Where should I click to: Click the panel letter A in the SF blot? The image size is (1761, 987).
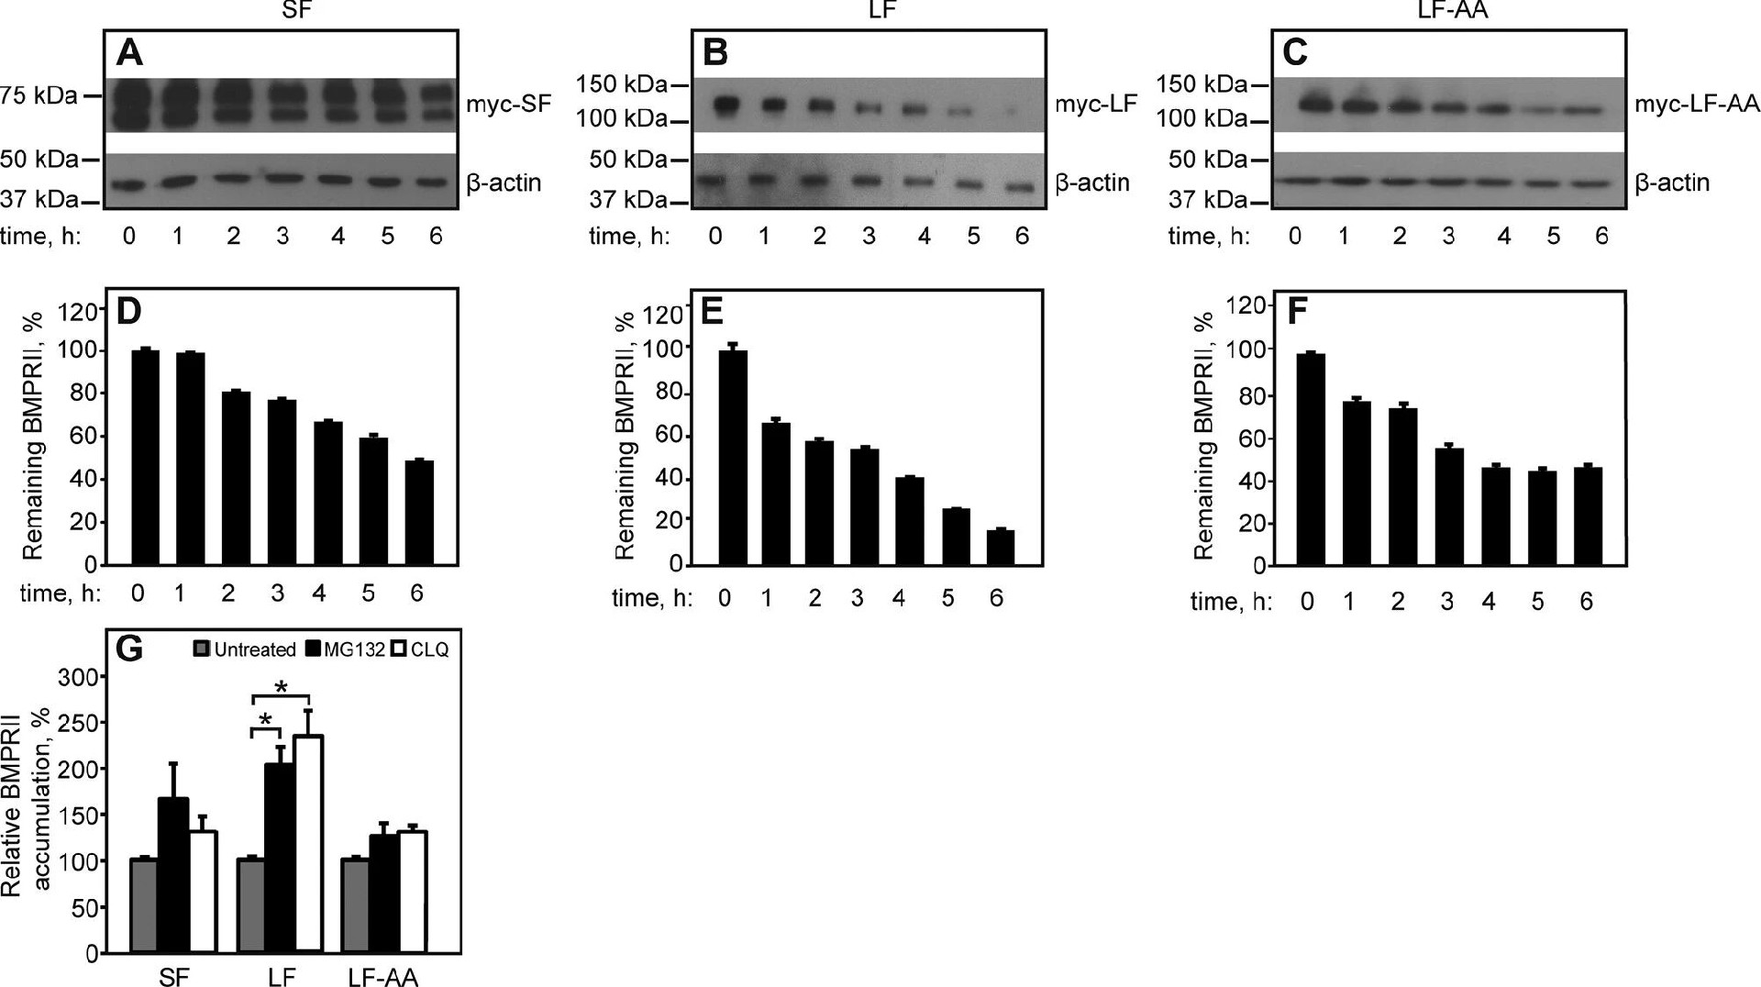[x=130, y=53]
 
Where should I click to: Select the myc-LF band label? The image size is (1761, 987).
[x=1096, y=104]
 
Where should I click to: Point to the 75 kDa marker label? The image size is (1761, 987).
[x=39, y=95]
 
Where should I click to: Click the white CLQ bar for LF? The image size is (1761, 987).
[x=308, y=843]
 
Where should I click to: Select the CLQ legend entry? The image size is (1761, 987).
[x=429, y=649]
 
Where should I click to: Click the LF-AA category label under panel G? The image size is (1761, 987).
[x=382, y=978]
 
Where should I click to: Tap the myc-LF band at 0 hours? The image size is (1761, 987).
[x=725, y=105]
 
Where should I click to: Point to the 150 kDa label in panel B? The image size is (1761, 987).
[x=621, y=85]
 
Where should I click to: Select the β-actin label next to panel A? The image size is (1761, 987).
[x=504, y=183]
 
